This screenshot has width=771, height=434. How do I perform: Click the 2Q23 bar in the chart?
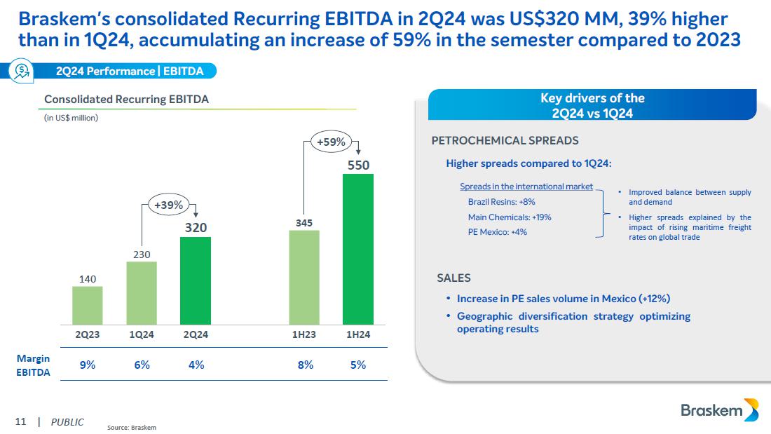(x=88, y=305)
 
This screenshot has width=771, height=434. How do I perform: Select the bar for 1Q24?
(x=142, y=292)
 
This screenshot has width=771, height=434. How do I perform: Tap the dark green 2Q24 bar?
(x=195, y=280)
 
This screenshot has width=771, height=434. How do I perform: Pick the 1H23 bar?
(x=304, y=277)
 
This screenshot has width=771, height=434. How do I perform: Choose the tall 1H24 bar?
(x=358, y=249)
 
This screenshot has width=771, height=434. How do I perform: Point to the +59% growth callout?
(x=331, y=142)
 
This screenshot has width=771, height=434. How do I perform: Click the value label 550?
(x=358, y=165)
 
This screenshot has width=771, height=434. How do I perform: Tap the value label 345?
(x=304, y=222)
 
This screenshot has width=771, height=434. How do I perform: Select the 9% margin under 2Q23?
(x=88, y=365)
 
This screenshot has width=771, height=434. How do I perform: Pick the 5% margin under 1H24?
(x=358, y=365)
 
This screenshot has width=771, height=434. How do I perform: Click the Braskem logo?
(x=719, y=411)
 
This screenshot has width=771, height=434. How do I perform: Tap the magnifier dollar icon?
(x=21, y=71)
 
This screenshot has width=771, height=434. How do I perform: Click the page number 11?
(x=20, y=422)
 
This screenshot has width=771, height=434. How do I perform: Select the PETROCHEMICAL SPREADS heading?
(x=505, y=140)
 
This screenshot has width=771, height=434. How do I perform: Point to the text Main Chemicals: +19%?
(x=510, y=217)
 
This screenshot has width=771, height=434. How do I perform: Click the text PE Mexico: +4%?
(x=497, y=232)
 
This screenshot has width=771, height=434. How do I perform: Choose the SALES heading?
(x=453, y=278)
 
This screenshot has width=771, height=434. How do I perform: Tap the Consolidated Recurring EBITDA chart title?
(x=126, y=100)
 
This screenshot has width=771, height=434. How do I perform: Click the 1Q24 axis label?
(x=142, y=334)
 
